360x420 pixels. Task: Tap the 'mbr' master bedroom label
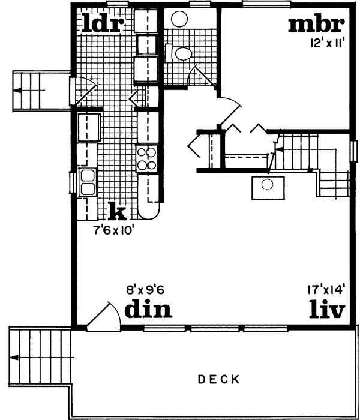(x=316, y=25)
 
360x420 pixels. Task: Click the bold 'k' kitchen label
(x=118, y=211)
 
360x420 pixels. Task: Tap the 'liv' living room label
(x=327, y=310)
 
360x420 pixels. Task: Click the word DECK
(x=218, y=379)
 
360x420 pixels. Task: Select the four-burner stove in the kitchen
(x=147, y=158)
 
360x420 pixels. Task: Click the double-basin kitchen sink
(x=88, y=183)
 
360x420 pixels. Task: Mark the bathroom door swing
(x=195, y=77)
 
